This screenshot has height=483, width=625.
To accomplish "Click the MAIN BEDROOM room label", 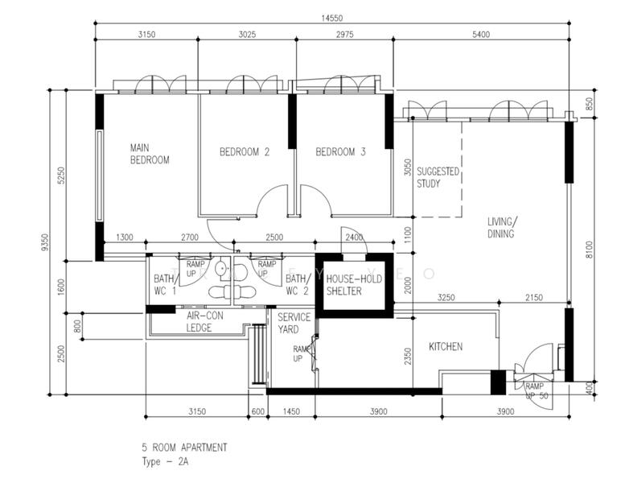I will [150, 154].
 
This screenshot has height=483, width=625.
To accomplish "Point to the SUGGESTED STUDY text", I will [438, 177].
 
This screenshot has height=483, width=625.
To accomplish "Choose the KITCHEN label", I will [445, 346].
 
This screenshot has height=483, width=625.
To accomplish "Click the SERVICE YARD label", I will [294, 324].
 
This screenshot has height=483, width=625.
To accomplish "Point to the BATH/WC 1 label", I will [164, 284].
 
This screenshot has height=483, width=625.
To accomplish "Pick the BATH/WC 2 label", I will [298, 284].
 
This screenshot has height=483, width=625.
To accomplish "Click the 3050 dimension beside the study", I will [408, 167].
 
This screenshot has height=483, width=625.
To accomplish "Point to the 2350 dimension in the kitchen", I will [408, 355].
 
